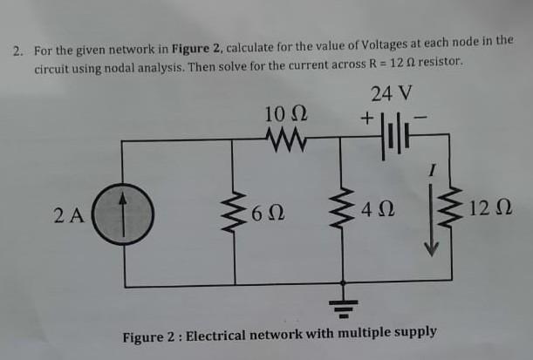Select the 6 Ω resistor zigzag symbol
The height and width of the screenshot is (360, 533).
pos(234,211)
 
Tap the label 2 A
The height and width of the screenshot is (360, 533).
pos(68,212)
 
